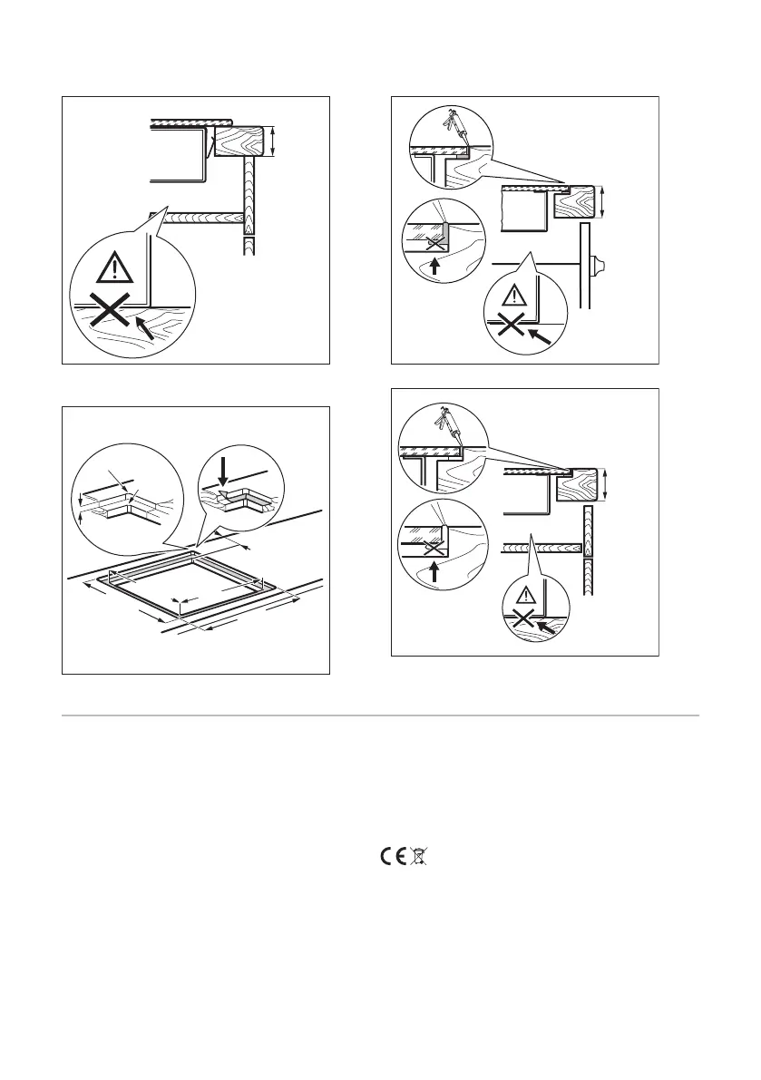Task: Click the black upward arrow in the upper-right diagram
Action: pyautogui.click(x=434, y=266)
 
